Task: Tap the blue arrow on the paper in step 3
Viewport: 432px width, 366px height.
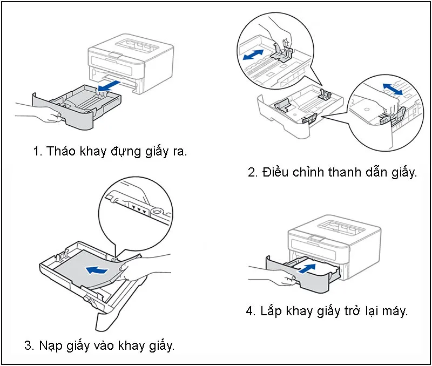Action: coord(98,268)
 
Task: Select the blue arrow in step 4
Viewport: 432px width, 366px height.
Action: coord(306,267)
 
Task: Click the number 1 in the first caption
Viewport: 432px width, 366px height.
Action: coord(37,152)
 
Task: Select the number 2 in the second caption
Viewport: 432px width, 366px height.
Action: coord(252,173)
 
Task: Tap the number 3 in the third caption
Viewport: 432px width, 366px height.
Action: coord(28,345)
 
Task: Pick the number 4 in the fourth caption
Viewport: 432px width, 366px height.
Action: coord(250,311)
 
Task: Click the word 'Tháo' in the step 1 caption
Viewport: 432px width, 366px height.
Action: coord(60,152)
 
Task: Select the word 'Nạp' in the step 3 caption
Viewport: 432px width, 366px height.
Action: coord(51,345)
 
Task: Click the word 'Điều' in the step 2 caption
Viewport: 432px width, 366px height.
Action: coord(276,173)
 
